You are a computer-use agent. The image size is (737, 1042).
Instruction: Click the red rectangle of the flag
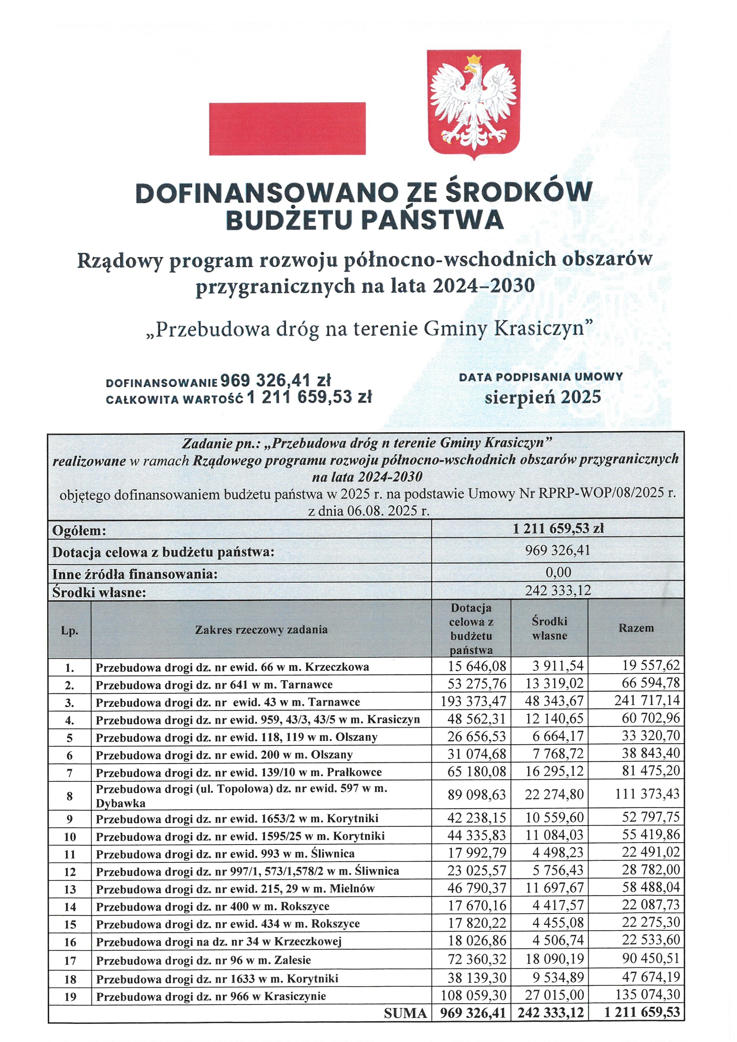(x=287, y=128)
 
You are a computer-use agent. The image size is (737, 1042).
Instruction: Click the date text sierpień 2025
(x=543, y=397)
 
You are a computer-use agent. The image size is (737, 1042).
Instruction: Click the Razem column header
(x=636, y=628)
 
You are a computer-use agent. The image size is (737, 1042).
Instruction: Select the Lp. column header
(x=70, y=631)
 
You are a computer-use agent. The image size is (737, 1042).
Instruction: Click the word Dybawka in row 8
(x=120, y=803)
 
